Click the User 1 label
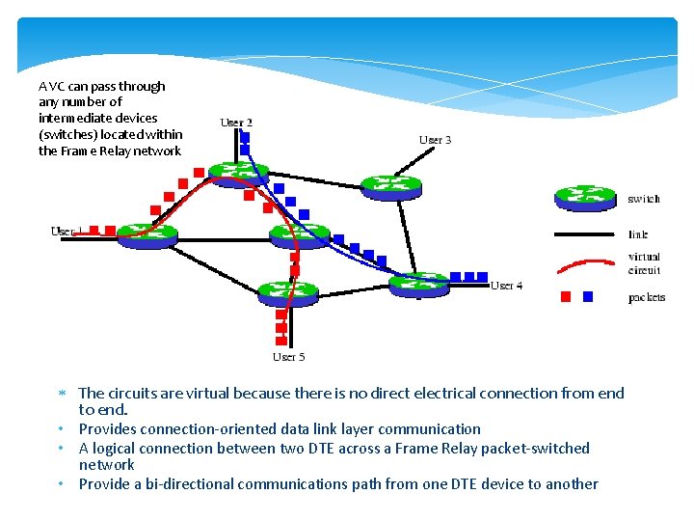point(64,232)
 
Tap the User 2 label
point(236,123)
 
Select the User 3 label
point(435,140)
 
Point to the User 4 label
point(506,286)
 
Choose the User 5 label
point(288,357)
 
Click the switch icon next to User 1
point(147,233)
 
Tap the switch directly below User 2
point(237,174)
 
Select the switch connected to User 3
point(390,185)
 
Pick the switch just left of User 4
point(418,283)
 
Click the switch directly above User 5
point(287,291)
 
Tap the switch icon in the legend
point(584,198)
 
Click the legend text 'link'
point(637,234)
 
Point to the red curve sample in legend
point(584,263)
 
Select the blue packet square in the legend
point(588,297)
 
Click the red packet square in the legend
point(566,297)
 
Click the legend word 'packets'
point(646,297)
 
